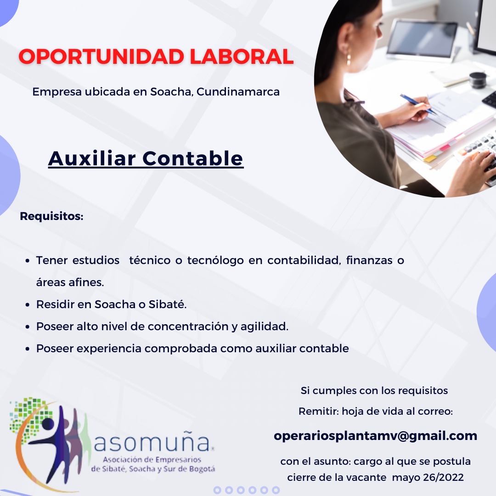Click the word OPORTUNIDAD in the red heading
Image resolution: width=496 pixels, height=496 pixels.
(101, 56)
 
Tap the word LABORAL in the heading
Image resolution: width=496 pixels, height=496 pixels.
(242, 56)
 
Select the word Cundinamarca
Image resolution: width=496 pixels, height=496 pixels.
(238, 92)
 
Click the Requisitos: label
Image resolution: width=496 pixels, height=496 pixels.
(51, 216)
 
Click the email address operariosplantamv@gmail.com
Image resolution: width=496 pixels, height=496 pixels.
(376, 436)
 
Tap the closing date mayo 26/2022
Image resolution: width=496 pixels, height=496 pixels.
(428, 477)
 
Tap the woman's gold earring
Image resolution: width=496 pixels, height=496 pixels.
(349, 59)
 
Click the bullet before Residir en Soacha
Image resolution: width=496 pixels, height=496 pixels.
(28, 305)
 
